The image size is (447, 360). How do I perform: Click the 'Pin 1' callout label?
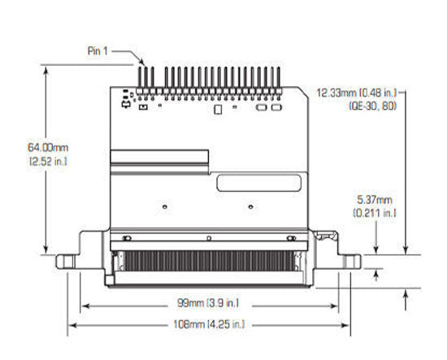pyautogui.click(x=98, y=50)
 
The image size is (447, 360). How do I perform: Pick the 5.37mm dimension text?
pyautogui.click(x=374, y=199)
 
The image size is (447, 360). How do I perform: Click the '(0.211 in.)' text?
pyautogui.click(x=375, y=212)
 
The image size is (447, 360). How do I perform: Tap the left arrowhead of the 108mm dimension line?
pyautogui.click(x=71, y=325)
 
